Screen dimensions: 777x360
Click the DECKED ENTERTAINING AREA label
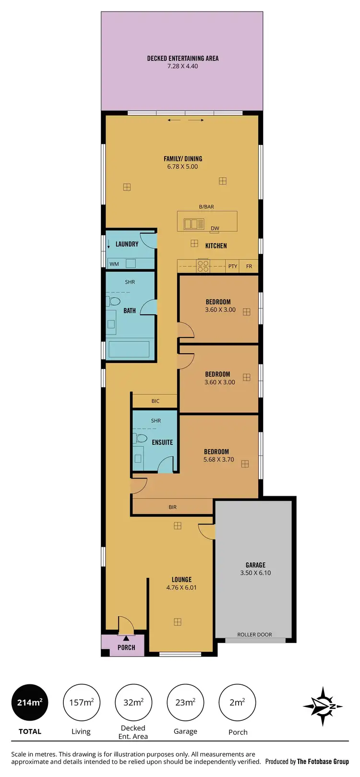pyautogui.click(x=182, y=58)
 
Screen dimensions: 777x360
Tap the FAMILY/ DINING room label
pyautogui.click(x=183, y=158)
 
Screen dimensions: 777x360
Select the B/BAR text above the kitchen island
pyautogui.click(x=206, y=207)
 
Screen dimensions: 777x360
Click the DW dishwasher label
pyautogui.click(x=215, y=228)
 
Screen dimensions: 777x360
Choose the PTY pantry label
pyautogui.click(x=233, y=266)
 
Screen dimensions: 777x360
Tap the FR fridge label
pyautogui.click(x=249, y=266)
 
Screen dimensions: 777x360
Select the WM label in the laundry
pyautogui.click(x=114, y=264)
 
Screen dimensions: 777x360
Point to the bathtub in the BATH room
pyautogui.click(x=129, y=349)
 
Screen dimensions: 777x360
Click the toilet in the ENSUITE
pyautogui.click(x=141, y=438)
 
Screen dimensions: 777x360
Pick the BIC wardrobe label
pyautogui.click(x=155, y=401)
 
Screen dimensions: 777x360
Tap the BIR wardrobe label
pyautogui.click(x=172, y=507)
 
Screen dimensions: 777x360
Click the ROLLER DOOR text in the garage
pyautogui.click(x=254, y=634)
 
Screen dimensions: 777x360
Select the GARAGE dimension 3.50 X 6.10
pyautogui.click(x=255, y=573)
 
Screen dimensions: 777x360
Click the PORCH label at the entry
pyautogui.click(x=126, y=647)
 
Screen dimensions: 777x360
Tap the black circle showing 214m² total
pyautogui.click(x=30, y=703)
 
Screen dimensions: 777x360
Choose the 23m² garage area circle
pyautogui.click(x=185, y=703)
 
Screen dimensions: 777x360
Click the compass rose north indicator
pyautogui.click(x=323, y=706)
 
